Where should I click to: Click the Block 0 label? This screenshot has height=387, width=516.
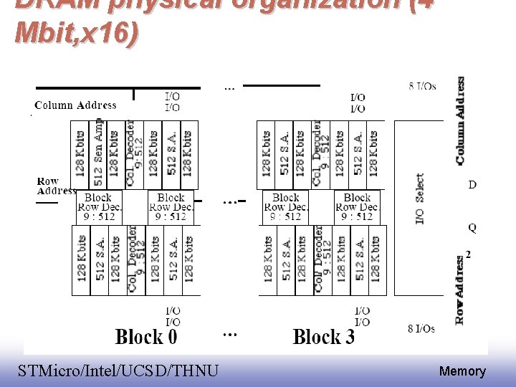(x=146, y=337)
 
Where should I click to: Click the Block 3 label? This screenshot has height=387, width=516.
(x=324, y=337)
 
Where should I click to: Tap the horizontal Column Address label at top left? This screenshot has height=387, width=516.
(x=75, y=105)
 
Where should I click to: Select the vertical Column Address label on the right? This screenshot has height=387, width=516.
(x=460, y=120)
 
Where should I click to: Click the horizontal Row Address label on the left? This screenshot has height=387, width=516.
(x=55, y=186)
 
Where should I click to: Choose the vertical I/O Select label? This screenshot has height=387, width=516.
(x=419, y=199)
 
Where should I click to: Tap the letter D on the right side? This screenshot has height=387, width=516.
(x=472, y=185)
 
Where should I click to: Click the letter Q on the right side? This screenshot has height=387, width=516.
(x=472, y=228)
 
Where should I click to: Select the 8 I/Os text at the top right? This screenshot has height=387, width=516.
(x=423, y=87)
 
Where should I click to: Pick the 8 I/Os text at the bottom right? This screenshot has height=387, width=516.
(x=421, y=328)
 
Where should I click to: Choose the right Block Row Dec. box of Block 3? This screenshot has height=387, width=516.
(x=356, y=206)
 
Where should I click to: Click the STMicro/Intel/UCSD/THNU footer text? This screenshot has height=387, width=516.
(x=118, y=371)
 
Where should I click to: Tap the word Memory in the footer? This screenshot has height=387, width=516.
(x=462, y=371)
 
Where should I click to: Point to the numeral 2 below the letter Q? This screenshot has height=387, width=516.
(x=469, y=254)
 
